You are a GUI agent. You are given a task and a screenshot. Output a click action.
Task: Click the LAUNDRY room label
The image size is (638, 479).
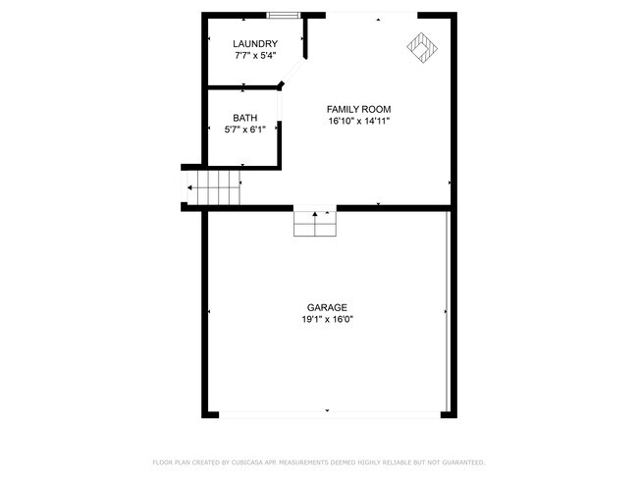[255, 43]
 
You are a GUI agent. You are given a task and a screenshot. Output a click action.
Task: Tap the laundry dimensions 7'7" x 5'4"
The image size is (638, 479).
[255, 55]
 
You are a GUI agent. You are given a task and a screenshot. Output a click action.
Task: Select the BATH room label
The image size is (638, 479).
[245, 118]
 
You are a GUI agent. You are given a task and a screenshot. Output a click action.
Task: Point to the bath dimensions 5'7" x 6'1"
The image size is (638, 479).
[245, 130]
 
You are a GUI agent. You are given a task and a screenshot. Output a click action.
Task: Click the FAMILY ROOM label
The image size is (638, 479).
[358, 109]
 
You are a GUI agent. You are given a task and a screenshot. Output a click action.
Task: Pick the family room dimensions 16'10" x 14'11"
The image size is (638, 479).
[359, 121]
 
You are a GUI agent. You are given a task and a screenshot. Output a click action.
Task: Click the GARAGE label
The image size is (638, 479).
[327, 307]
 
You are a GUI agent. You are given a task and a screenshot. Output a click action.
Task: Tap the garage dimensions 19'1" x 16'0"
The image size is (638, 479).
[327, 319]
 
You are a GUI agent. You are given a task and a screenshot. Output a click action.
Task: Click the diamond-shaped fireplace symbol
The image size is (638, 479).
[422, 48]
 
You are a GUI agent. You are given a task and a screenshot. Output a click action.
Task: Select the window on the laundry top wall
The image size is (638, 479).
[284, 16]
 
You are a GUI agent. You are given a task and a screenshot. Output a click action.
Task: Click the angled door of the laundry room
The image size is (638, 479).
[292, 73]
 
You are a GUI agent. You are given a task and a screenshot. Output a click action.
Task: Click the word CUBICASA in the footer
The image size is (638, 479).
[247, 462]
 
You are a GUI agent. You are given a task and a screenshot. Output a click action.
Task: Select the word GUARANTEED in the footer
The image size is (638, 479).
[463, 462]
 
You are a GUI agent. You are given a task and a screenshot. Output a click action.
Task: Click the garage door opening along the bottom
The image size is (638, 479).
[330, 415]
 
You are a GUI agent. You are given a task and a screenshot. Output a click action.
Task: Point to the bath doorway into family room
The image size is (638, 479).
[280, 105]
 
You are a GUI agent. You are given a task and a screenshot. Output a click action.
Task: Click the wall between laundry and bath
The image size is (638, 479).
[242, 87]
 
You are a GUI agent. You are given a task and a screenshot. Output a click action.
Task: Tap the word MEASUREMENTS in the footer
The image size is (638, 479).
[302, 462]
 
